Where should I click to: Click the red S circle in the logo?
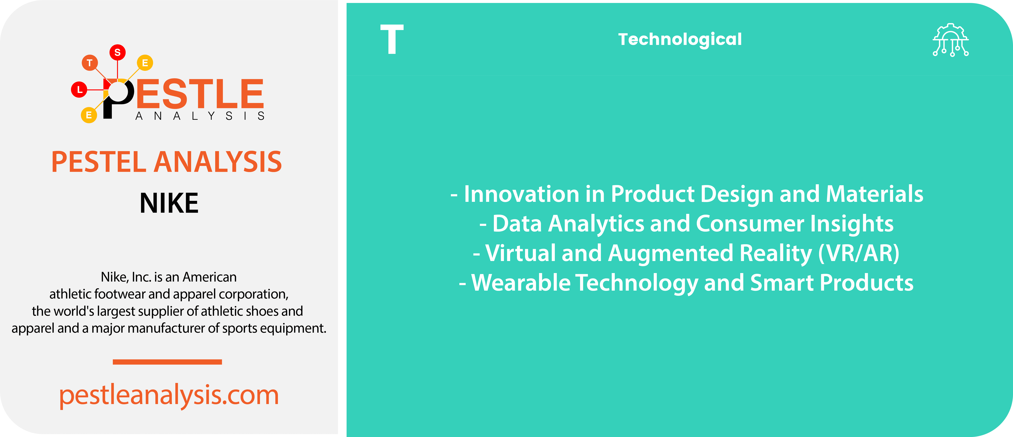click(x=117, y=52)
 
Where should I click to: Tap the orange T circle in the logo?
click(x=90, y=63)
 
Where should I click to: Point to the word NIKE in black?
click(x=169, y=203)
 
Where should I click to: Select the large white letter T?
click(x=392, y=39)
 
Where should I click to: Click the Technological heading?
click(x=680, y=39)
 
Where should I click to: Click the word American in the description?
click(x=210, y=277)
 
